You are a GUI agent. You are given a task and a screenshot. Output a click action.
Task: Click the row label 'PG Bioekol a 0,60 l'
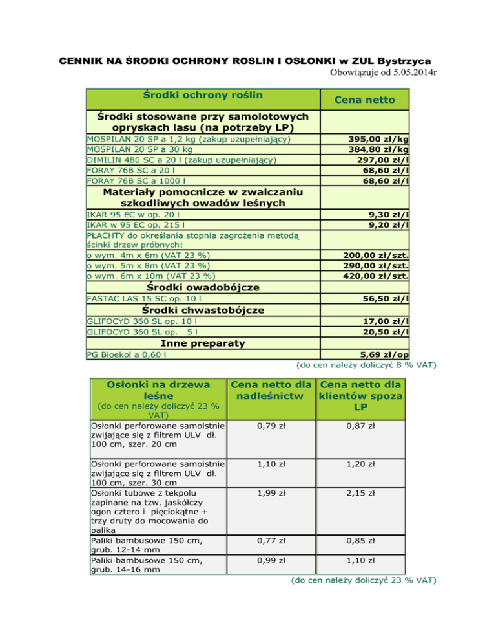[126, 354]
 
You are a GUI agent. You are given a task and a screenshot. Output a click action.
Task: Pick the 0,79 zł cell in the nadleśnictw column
[271, 428]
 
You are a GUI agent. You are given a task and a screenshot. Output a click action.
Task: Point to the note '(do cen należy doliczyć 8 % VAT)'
[366, 366]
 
